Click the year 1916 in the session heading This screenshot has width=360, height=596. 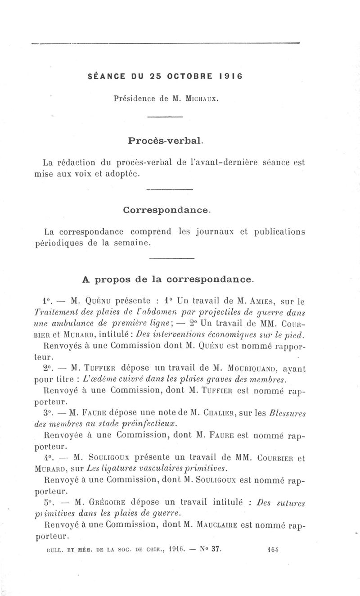pos(231,76)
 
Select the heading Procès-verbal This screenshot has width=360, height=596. pos(166,140)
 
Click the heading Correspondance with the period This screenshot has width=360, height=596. pos(166,210)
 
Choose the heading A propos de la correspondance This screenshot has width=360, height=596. pos(169,279)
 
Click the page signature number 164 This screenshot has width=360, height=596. pos(273,549)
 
